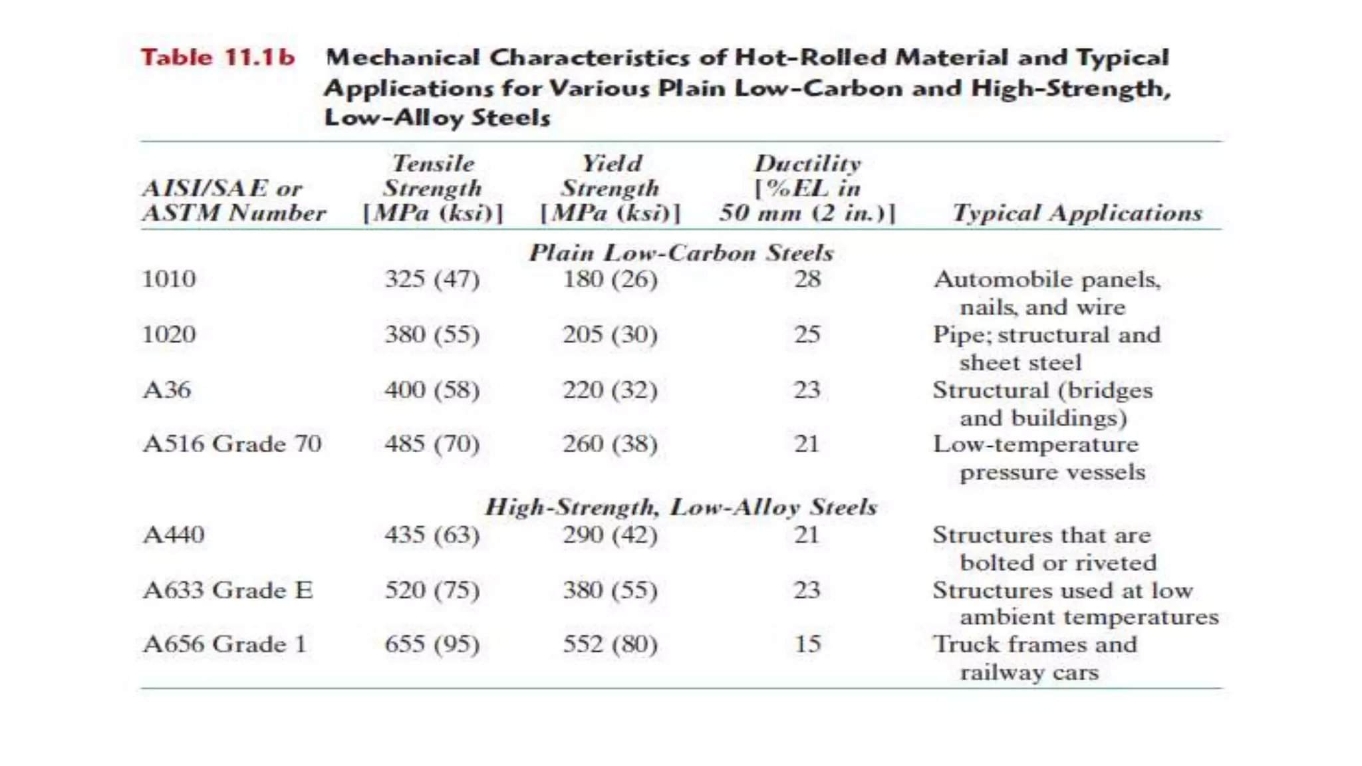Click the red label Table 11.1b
coord(217,58)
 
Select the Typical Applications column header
coord(1077,213)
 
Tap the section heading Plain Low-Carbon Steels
coord(680,253)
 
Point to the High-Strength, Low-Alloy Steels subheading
coord(680,507)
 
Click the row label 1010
coord(169,279)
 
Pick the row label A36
coord(167,390)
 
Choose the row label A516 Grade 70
coord(232,444)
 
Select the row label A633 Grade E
coord(227,590)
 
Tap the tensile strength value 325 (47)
coord(432,279)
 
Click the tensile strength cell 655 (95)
coord(432,644)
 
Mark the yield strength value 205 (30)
coord(610,334)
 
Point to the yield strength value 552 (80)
coord(610,644)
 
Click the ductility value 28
coord(807,279)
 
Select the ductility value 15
coord(807,644)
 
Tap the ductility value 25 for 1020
coord(807,334)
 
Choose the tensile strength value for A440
coord(432,535)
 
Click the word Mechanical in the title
coord(402,58)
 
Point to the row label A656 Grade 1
coord(225,644)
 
